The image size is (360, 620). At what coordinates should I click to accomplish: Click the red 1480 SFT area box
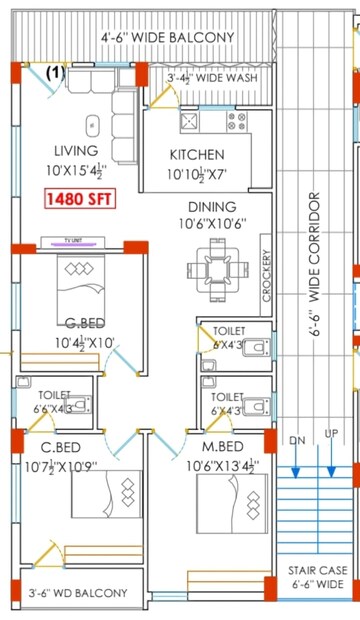[x=79, y=199]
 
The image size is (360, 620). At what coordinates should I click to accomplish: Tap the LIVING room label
[x=76, y=150]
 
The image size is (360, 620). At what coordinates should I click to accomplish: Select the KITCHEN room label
[x=196, y=155]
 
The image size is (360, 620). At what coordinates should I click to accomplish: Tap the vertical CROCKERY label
[x=266, y=275]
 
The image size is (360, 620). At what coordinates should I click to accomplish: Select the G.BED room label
[x=86, y=322]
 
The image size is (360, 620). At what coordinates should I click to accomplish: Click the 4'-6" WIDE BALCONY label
[x=167, y=38]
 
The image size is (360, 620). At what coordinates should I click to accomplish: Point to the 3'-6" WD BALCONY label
[x=78, y=593]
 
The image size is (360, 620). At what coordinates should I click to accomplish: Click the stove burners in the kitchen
[x=237, y=121]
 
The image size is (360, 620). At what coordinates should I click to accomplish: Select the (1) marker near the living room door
[x=54, y=73]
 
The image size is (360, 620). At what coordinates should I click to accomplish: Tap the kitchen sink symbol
[x=188, y=121]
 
